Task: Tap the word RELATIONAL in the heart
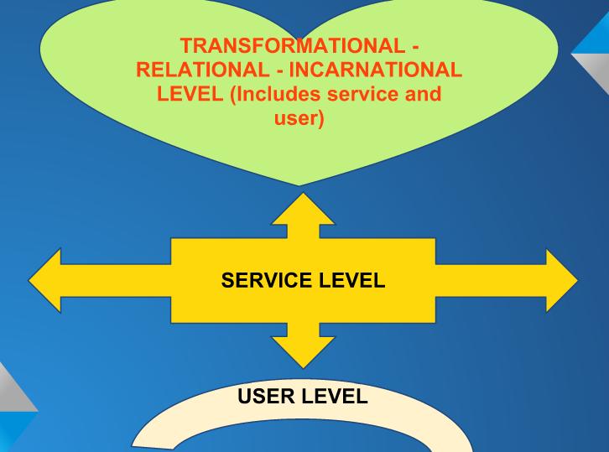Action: [195, 69]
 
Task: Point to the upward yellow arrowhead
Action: [303, 210]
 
